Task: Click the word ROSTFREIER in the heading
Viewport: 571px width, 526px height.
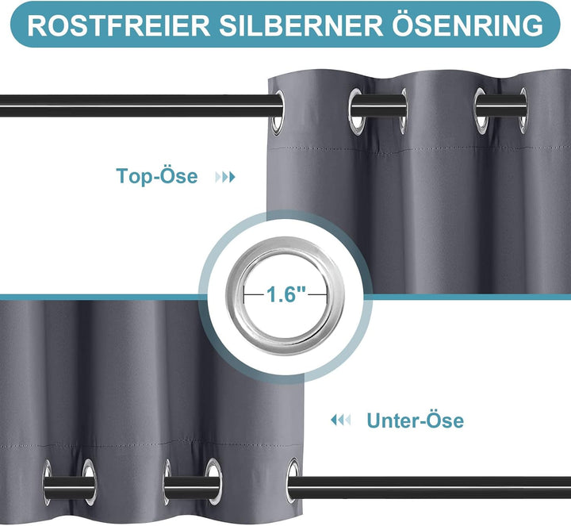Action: (x=118, y=25)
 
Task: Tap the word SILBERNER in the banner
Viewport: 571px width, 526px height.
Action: (x=301, y=25)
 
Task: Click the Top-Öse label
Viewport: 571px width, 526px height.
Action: (x=156, y=176)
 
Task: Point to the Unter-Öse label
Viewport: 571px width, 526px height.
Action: (x=415, y=420)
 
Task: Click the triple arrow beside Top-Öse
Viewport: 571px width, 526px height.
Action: (x=225, y=178)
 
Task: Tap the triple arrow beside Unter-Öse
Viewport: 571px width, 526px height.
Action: (x=340, y=420)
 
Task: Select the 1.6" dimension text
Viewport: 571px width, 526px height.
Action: (x=286, y=294)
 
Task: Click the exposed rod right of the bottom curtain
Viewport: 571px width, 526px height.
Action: (x=433, y=486)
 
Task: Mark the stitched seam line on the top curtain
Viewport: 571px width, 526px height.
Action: (x=419, y=148)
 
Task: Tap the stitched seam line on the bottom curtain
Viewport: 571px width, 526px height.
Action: (x=151, y=445)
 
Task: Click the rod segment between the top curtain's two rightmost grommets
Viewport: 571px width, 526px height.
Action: (x=501, y=106)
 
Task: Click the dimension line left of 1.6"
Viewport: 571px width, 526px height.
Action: (x=254, y=294)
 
